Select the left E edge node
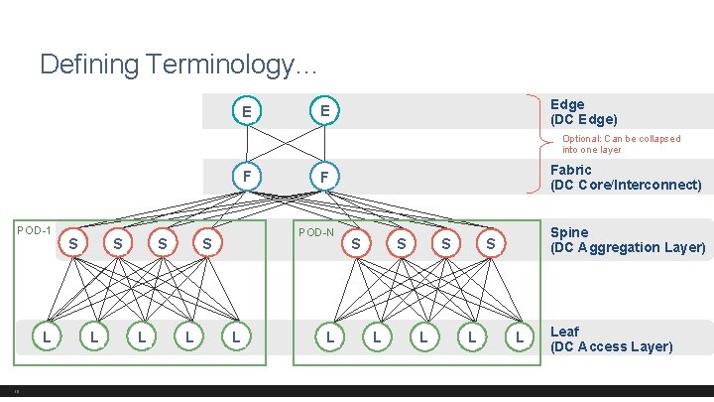(246, 111)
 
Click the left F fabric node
(246, 177)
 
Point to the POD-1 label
(35, 230)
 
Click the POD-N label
(316, 232)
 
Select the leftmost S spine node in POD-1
(73, 242)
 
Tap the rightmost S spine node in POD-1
(206, 242)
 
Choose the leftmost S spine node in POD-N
(356, 242)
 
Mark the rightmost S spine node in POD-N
(490, 242)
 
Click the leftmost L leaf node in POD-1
(46, 338)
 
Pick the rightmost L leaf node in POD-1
(235, 338)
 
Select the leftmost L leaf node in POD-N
(329, 338)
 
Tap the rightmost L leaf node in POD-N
(518, 338)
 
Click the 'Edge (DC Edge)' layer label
(583, 111)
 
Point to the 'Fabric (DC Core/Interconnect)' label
(625, 178)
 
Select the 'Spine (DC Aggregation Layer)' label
(627, 240)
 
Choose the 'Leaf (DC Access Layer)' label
(610, 338)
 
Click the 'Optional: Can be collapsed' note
(621, 144)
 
